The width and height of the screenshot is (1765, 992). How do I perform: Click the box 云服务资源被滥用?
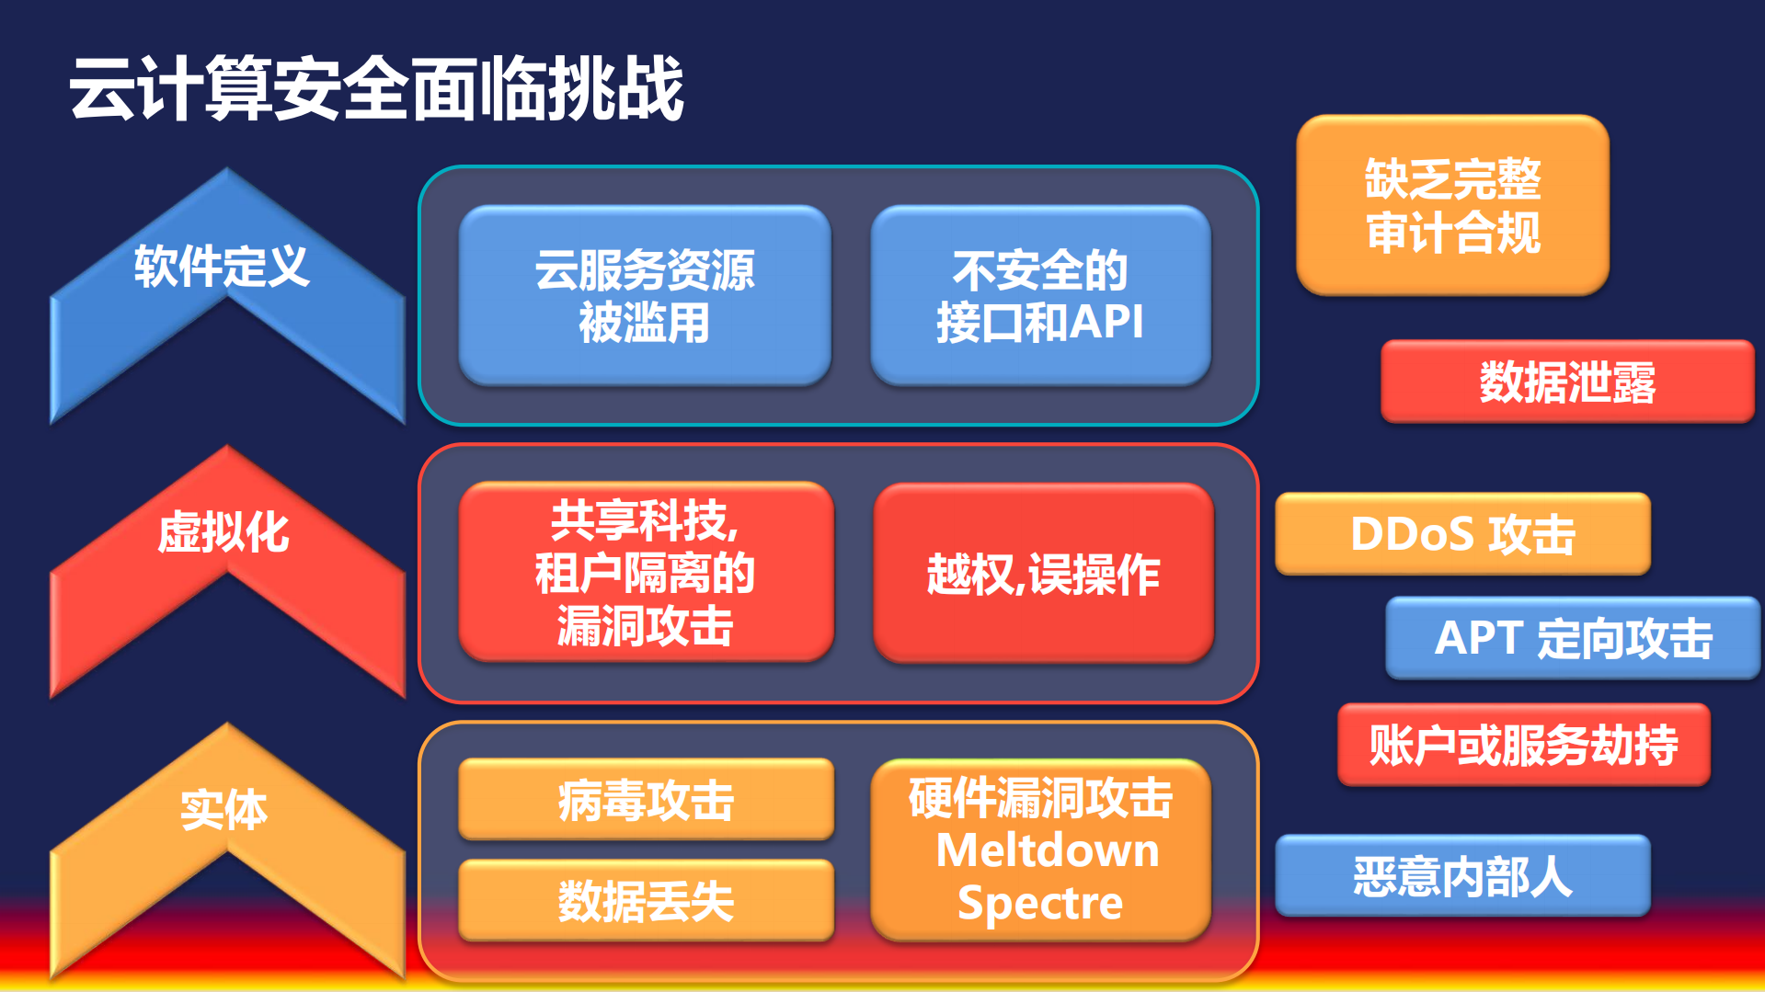645,295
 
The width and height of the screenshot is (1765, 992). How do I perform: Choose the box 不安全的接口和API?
1040,295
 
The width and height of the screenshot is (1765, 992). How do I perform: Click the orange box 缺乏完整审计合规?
1452,205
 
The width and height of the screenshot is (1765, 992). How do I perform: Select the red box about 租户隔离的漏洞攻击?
645,573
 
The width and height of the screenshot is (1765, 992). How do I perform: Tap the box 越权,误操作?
1043,574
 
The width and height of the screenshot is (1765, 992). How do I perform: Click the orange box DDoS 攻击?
1462,534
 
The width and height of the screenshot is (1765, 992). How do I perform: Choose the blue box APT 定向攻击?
1573,638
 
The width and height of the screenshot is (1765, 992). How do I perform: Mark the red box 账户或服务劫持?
1524,745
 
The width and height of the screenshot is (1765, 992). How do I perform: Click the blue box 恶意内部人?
1462,876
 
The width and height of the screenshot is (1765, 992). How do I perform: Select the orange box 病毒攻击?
646,800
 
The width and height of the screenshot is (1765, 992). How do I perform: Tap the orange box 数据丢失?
646,901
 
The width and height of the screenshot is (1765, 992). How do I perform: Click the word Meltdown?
1047,850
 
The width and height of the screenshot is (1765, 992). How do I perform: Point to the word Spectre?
1040,903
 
